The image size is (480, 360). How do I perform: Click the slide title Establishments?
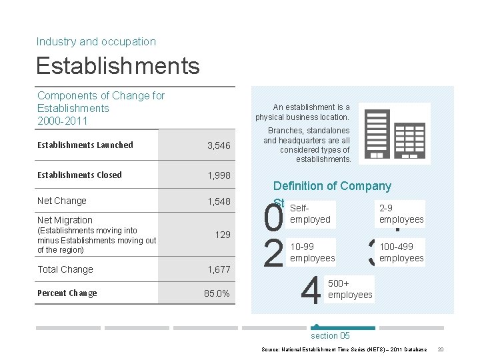pyautogui.click(x=118, y=66)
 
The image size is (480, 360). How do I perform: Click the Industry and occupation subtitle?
pyautogui.click(x=96, y=41)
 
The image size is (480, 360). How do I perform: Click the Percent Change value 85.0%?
pyautogui.click(x=217, y=293)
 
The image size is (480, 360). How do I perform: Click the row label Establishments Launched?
pyautogui.click(x=85, y=145)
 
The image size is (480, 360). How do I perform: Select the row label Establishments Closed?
pyautogui.click(x=79, y=175)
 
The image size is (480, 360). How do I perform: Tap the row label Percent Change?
pyautogui.click(x=67, y=293)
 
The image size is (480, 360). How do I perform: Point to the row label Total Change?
pyautogui.click(x=65, y=269)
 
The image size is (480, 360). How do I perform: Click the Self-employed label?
pyautogui.click(x=310, y=214)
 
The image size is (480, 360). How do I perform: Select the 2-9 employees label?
pyautogui.click(x=401, y=214)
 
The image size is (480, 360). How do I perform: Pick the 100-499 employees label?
pyautogui.click(x=401, y=253)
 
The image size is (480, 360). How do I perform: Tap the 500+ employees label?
pyautogui.click(x=350, y=289)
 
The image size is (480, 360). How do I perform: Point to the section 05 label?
pyautogui.click(x=330, y=336)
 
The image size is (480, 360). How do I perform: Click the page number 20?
pyautogui.click(x=441, y=349)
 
